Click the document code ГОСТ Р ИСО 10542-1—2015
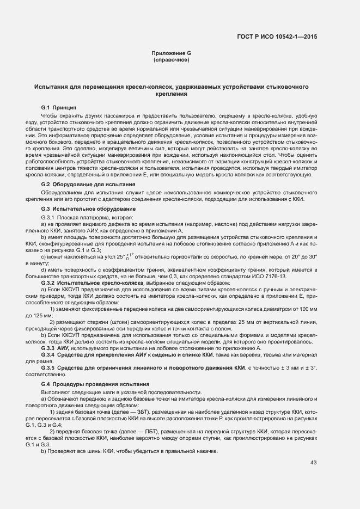click(x=277, y=36)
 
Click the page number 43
click(x=313, y=463)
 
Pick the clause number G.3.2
click(x=50, y=282)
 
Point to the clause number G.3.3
click(x=50, y=348)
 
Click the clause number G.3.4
click(x=50, y=354)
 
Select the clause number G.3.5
click(x=50, y=369)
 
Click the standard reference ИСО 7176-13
click(x=274, y=276)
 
